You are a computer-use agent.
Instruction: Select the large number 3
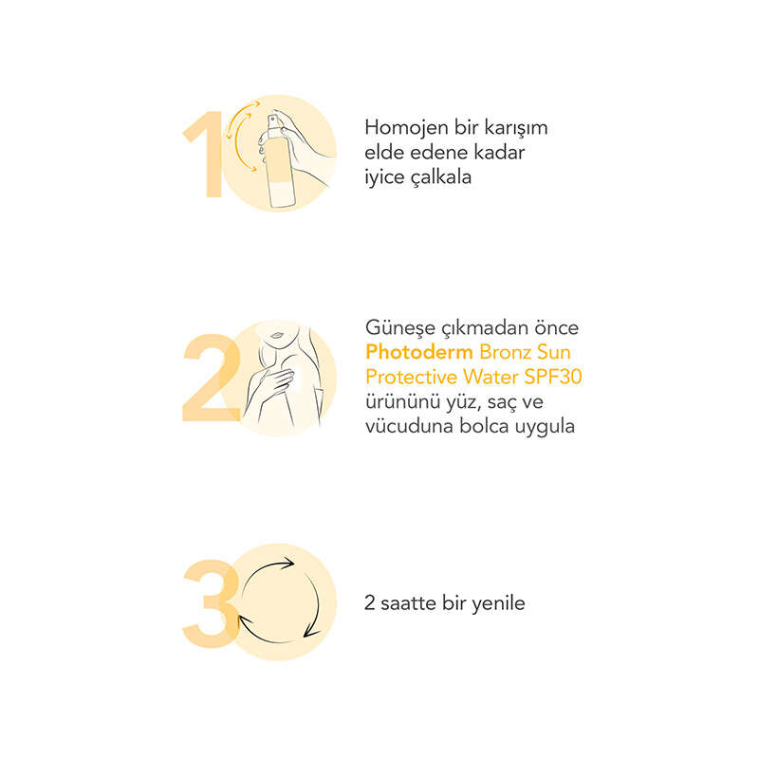tap(211, 603)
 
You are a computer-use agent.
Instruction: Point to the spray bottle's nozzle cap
tap(274, 121)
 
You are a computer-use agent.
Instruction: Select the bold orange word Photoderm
tap(419, 352)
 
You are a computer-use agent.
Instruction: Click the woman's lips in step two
tap(276, 335)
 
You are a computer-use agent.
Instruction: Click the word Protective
tap(411, 377)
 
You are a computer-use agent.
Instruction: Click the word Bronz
tap(503, 352)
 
